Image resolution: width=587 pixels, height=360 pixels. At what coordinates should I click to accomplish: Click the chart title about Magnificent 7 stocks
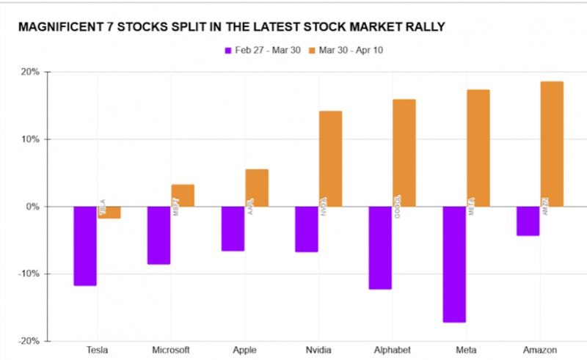(230, 27)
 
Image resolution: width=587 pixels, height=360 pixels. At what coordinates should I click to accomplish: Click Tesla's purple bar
(85, 246)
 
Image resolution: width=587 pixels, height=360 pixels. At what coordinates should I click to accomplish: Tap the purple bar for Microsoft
(158, 235)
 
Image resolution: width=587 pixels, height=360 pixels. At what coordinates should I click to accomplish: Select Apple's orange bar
(257, 188)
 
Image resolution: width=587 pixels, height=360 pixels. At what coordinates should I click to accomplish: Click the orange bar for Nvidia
(330, 158)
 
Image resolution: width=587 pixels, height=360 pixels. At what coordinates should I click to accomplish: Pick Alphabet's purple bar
(380, 248)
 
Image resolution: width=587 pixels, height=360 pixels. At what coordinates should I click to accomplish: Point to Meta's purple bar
(454, 264)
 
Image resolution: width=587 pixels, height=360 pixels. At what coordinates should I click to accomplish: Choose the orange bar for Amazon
(552, 144)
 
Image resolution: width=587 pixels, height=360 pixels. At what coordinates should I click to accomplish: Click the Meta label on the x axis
(466, 350)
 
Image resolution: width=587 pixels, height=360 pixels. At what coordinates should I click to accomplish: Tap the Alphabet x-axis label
(392, 350)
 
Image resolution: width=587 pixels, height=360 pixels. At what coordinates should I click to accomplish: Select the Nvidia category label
(318, 350)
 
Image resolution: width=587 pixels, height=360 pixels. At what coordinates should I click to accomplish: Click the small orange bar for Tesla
(109, 213)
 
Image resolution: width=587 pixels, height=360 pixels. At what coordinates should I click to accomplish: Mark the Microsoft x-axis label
(171, 350)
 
